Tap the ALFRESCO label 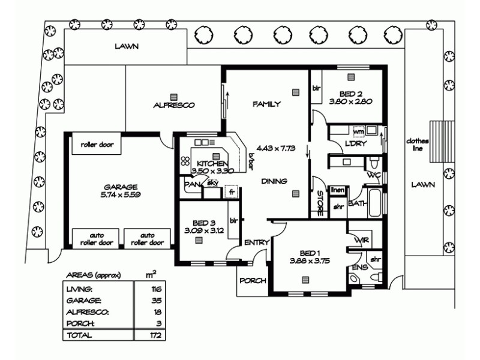[x=173, y=105]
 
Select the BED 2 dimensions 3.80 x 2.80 [x=351, y=101]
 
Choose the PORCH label [x=253, y=281]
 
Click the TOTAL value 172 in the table [x=157, y=335]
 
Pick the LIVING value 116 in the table [x=157, y=289]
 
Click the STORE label [x=320, y=203]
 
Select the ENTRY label [x=256, y=242]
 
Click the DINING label [x=274, y=181]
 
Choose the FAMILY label [x=266, y=104]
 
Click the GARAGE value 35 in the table [x=158, y=300]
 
